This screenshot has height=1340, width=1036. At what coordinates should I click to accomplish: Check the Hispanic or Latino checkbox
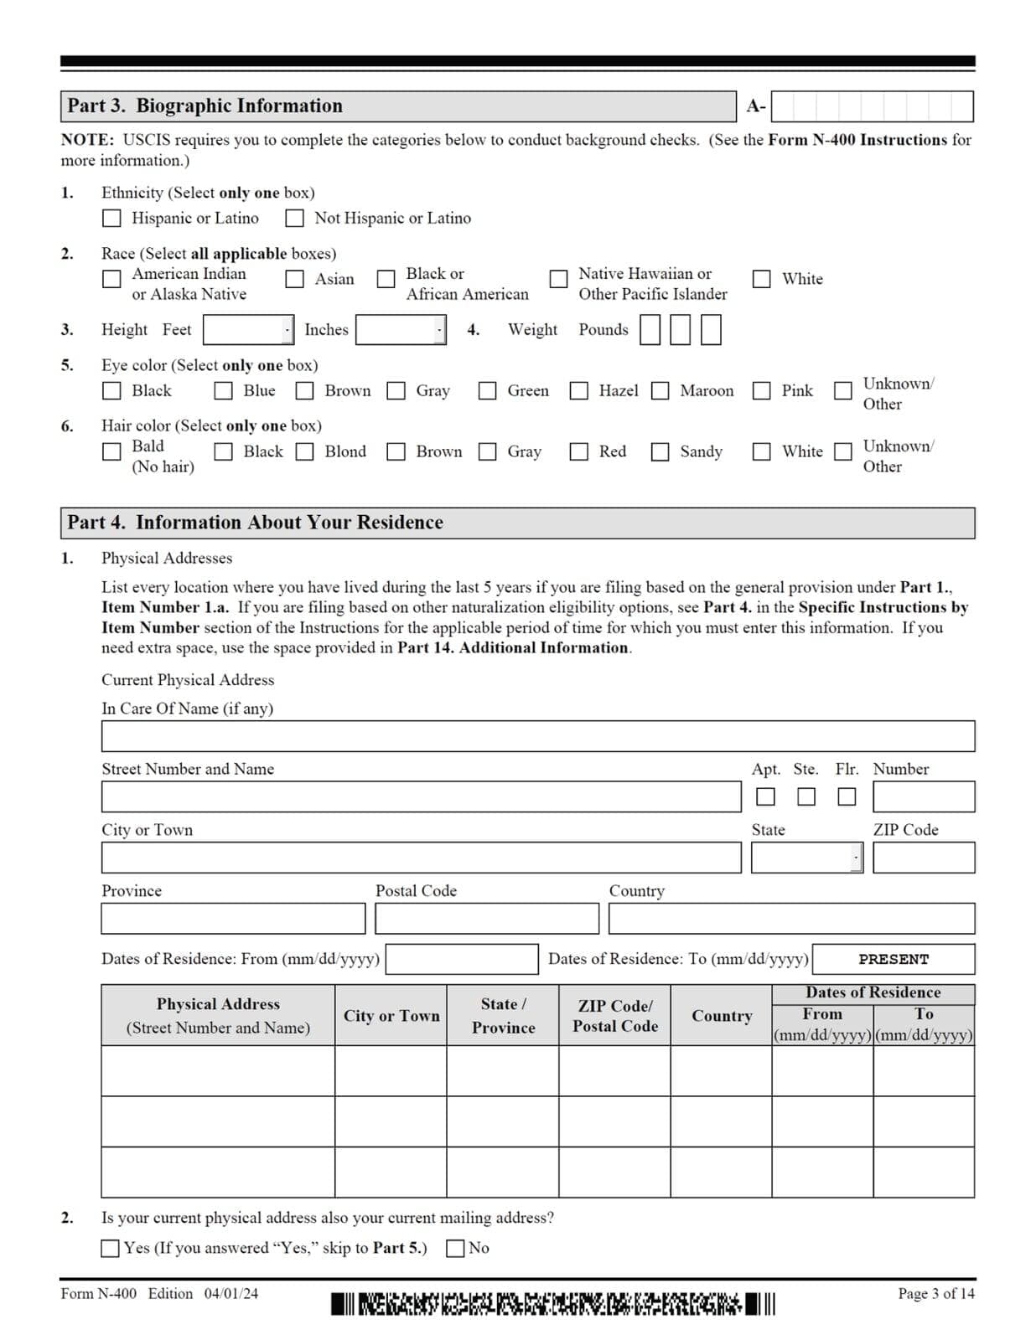[111, 219]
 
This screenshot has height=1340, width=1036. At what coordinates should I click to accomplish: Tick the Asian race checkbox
[295, 279]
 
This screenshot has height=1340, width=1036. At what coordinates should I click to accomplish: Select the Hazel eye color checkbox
[579, 391]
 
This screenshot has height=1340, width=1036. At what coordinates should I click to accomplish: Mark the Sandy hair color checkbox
[660, 452]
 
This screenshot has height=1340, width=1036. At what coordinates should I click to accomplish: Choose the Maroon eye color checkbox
[660, 391]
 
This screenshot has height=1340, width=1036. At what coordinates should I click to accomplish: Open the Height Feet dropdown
[248, 330]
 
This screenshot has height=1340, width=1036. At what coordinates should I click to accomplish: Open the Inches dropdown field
[401, 330]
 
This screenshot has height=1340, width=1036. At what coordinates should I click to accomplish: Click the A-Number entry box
[872, 106]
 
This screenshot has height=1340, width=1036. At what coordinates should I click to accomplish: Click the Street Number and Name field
[421, 796]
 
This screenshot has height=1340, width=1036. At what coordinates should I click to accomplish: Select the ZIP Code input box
[924, 858]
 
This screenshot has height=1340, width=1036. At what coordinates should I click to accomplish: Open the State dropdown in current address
[806, 858]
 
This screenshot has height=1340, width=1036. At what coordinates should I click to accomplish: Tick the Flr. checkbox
[847, 796]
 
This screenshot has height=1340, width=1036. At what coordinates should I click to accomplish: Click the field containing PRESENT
[894, 959]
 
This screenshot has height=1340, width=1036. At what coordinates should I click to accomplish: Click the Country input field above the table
[791, 919]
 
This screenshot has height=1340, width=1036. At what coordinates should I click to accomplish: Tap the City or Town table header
[391, 1016]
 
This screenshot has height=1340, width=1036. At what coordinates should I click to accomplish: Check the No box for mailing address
[455, 1249]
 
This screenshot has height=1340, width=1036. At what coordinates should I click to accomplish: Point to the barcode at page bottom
[553, 1304]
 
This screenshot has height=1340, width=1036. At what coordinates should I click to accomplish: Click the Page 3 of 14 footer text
[935, 1294]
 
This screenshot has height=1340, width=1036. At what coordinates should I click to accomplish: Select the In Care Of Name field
[537, 736]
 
